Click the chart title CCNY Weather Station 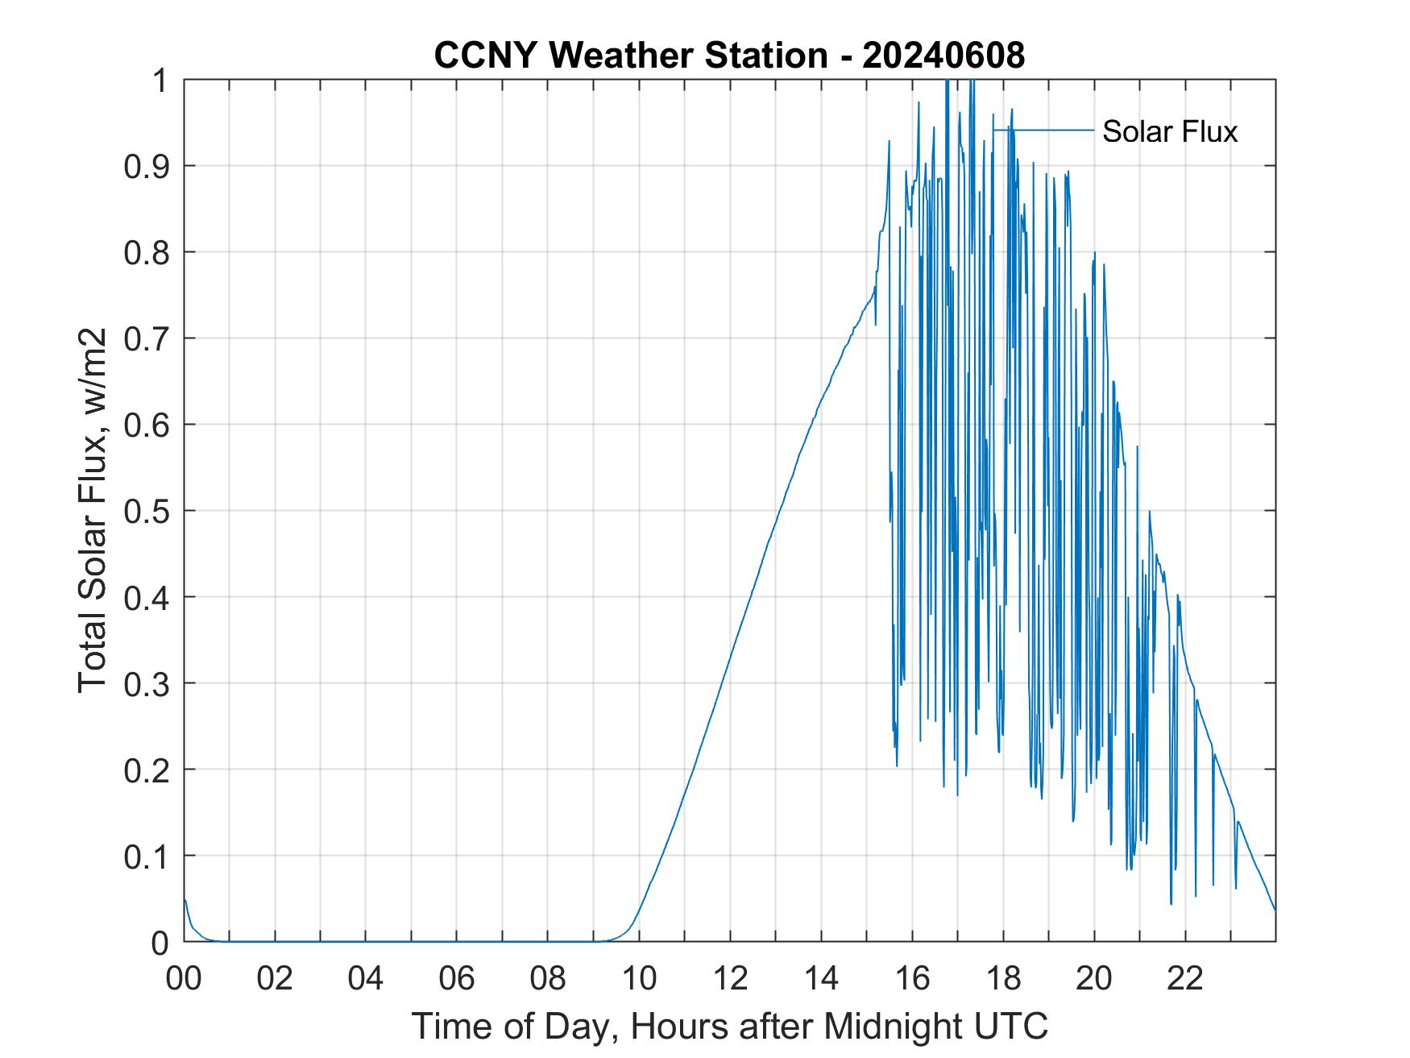(629, 56)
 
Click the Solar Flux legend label (1169, 131)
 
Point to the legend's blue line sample (1043, 130)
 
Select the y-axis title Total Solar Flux (93, 510)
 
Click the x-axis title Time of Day (729, 1027)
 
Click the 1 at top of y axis (161, 81)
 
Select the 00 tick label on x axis (184, 979)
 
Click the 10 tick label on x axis (639, 979)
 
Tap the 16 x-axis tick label (912, 979)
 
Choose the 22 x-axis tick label (1185, 979)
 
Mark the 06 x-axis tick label (457, 979)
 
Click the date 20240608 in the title (943, 56)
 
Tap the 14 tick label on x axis (821, 979)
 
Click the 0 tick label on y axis (161, 942)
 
